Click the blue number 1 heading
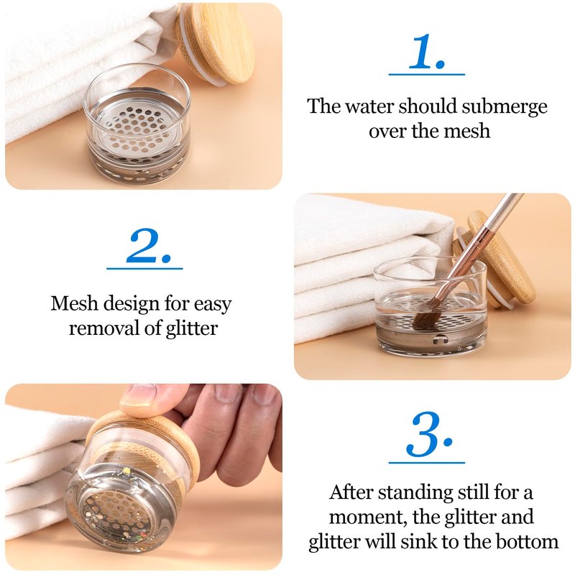click(426, 52)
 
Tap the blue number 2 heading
click(149, 246)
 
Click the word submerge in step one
click(505, 107)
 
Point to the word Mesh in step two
click(75, 303)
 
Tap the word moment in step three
click(368, 517)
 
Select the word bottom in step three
click(528, 541)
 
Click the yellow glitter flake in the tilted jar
click(128, 470)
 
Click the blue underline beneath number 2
click(144, 269)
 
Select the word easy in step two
click(213, 305)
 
